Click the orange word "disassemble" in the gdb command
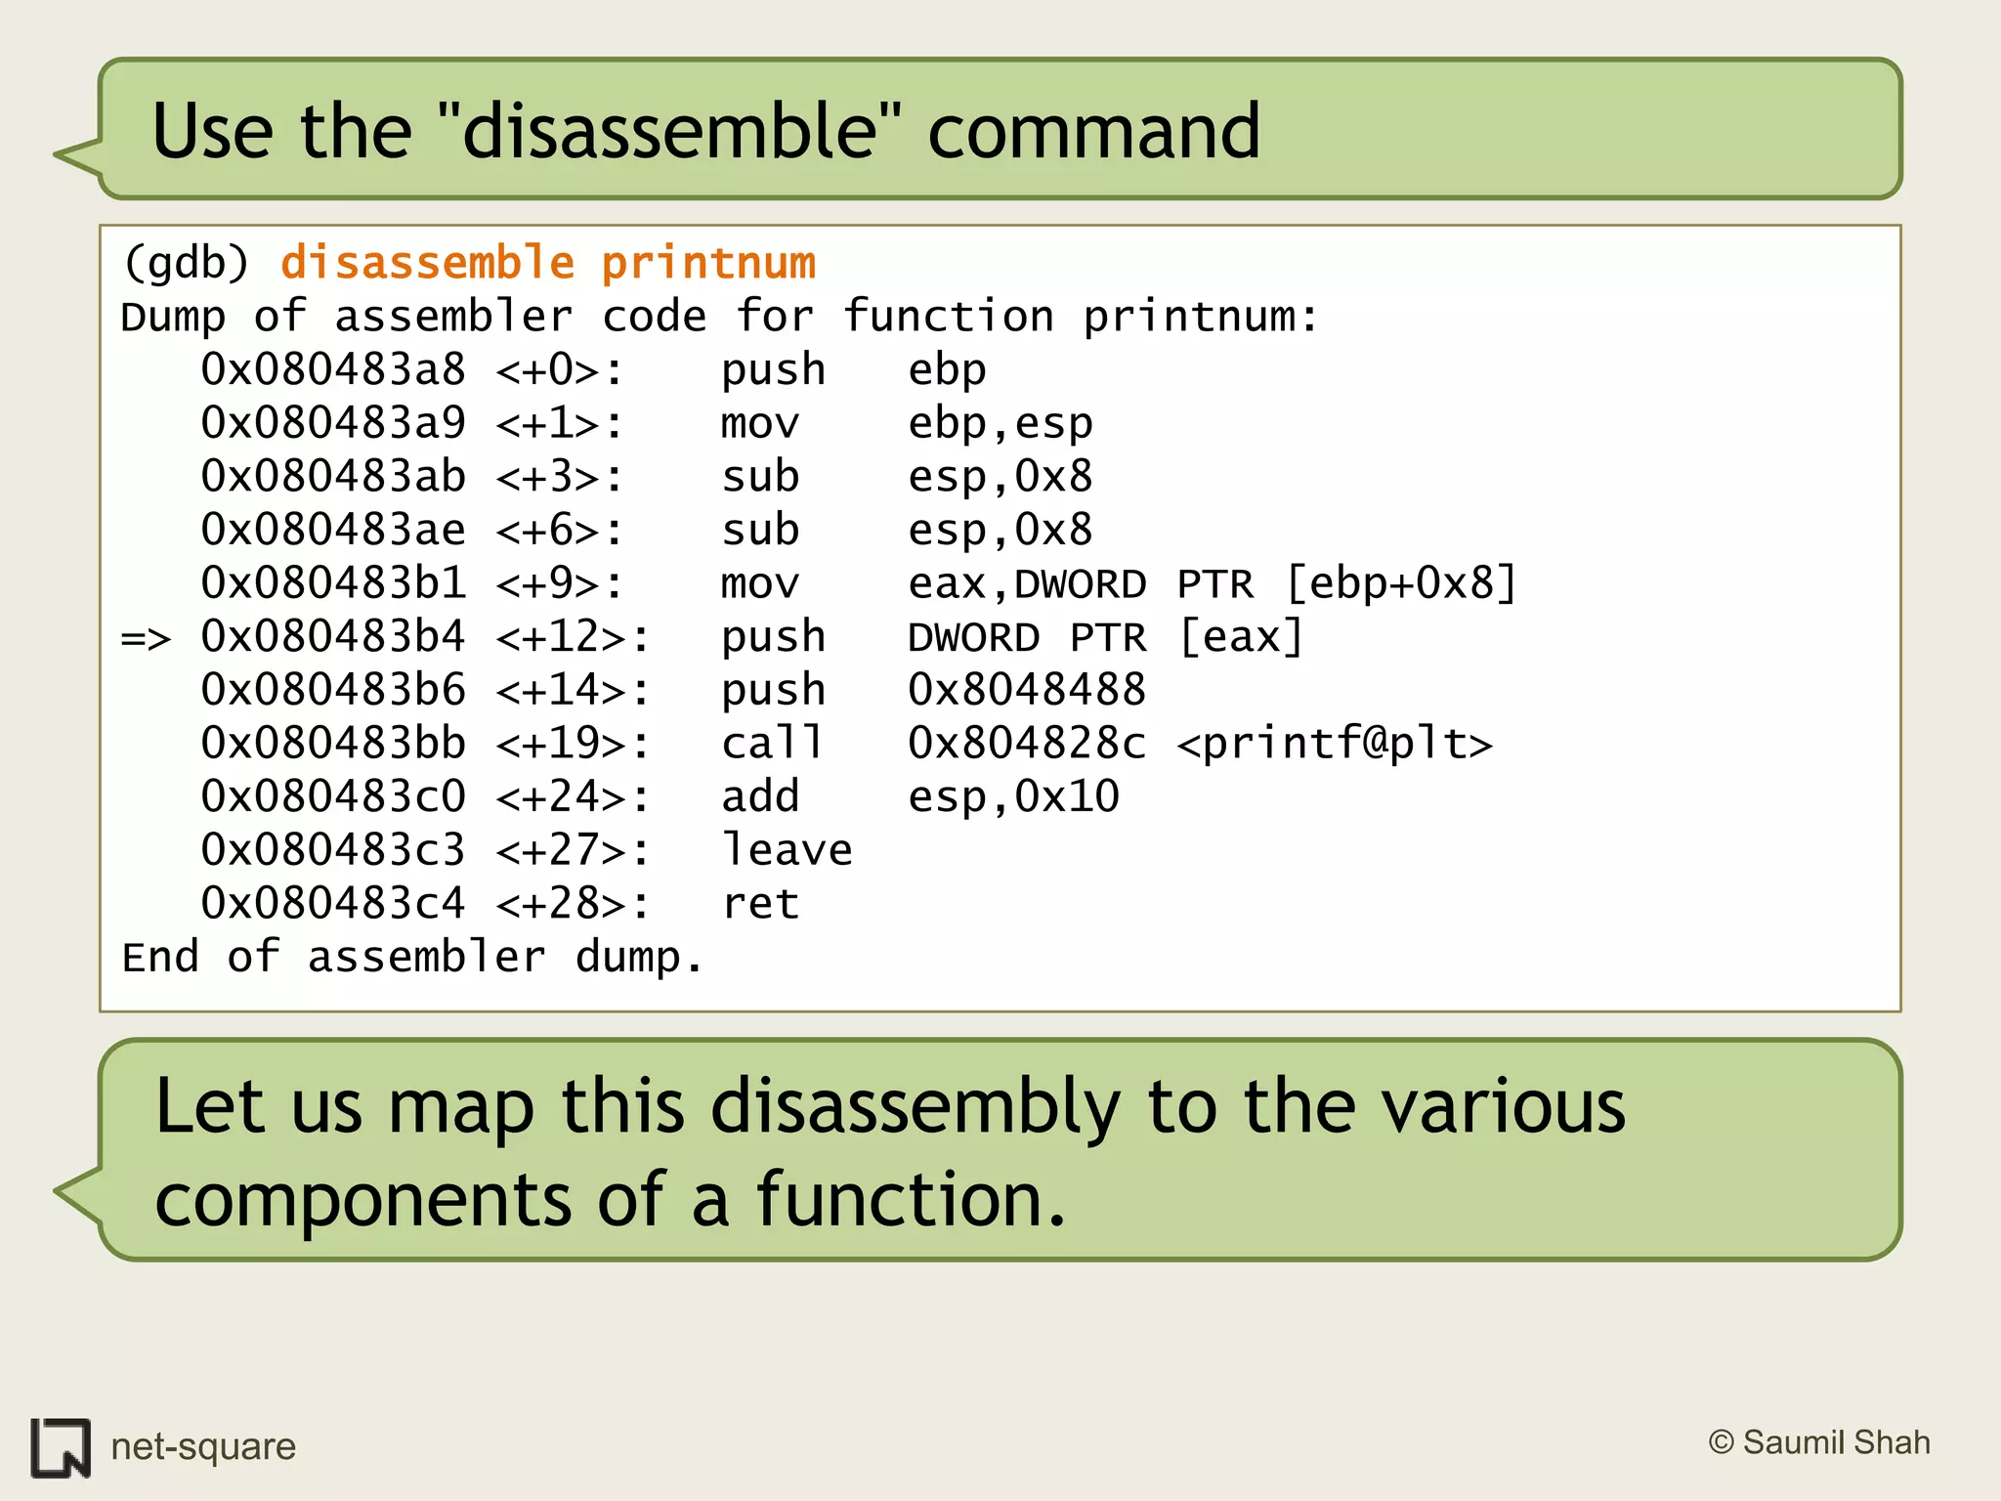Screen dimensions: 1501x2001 427,263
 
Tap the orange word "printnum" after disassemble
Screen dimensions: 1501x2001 707,263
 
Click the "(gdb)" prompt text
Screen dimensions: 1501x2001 186,263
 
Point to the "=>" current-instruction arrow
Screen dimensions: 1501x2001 146,638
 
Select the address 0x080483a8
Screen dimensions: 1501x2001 333,370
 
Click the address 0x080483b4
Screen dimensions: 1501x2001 333,637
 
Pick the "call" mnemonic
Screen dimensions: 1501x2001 772,744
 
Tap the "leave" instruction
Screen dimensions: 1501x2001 787,850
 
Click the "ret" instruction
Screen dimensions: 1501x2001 760,904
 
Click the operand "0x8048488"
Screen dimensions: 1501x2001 1026,691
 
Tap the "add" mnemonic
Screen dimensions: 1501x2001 760,797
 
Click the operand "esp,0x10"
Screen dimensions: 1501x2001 1013,797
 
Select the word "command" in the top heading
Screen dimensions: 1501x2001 1093,131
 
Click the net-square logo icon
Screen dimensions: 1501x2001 61,1447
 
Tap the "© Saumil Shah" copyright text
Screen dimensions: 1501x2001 1819,1442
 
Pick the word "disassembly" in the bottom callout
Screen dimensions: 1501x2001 915,1107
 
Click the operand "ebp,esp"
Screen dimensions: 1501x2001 1000,424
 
